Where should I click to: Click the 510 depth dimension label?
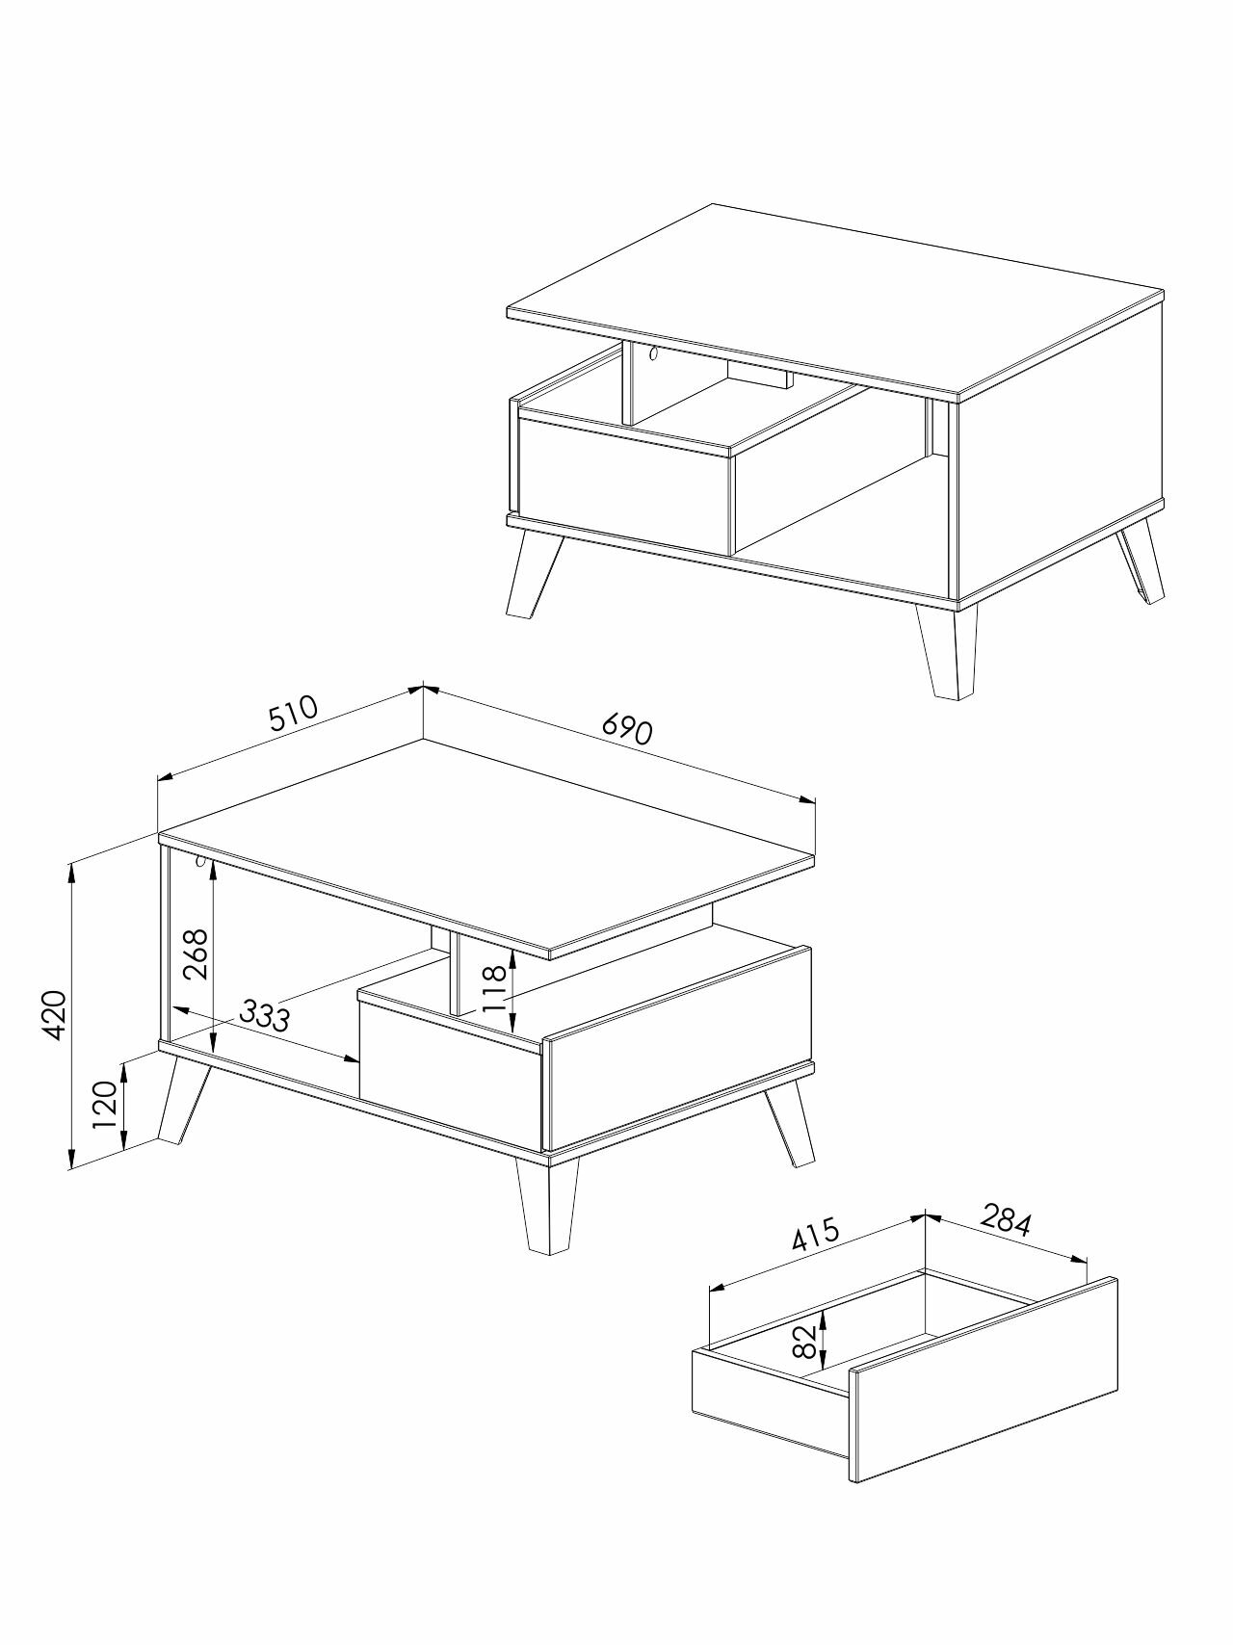coord(294,714)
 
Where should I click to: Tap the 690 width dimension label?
coord(627,729)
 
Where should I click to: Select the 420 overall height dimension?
coord(54,1014)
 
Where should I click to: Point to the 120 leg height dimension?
coord(105,1105)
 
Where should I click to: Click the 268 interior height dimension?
coord(196,953)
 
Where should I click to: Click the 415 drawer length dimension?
coord(816,1236)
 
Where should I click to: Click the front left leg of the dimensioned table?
coord(184,1099)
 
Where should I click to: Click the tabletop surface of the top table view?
coord(836,299)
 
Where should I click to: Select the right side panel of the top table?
coord(1060,453)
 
